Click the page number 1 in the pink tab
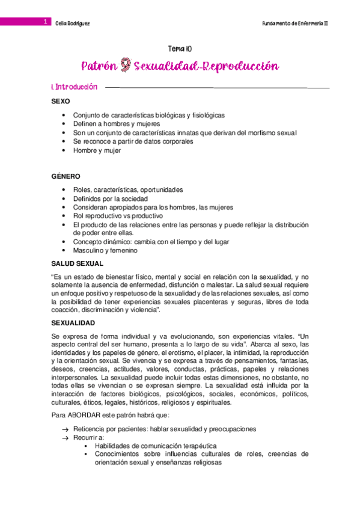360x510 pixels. (45, 22)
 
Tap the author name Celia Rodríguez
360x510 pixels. (73, 22)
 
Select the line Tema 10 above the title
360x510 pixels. (180, 50)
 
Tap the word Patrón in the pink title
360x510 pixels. (99, 65)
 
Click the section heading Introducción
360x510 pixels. (76, 88)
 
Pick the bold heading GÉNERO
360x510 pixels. (66, 176)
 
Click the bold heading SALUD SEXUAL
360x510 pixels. (78, 263)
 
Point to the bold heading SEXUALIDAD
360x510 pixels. (76, 324)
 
